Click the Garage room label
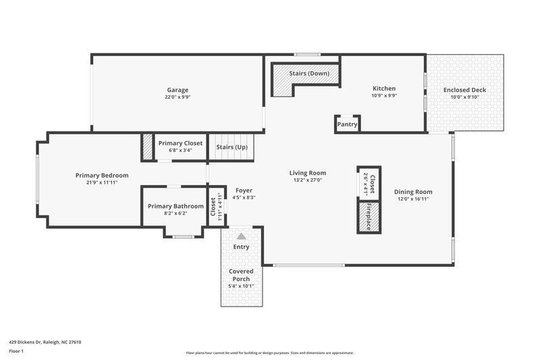(178, 90)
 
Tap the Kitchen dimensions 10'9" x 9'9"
(384, 96)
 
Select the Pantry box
(347, 124)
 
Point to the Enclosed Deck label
(464, 90)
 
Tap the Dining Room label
(413, 192)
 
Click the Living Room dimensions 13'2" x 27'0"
(308, 180)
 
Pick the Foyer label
(243, 190)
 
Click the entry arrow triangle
(241, 236)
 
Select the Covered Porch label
(241, 275)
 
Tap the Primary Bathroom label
(175, 206)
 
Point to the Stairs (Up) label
(232, 147)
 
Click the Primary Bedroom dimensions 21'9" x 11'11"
(102, 183)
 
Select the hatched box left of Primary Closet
(147, 147)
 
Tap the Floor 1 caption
(17, 351)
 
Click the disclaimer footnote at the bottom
(269, 353)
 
